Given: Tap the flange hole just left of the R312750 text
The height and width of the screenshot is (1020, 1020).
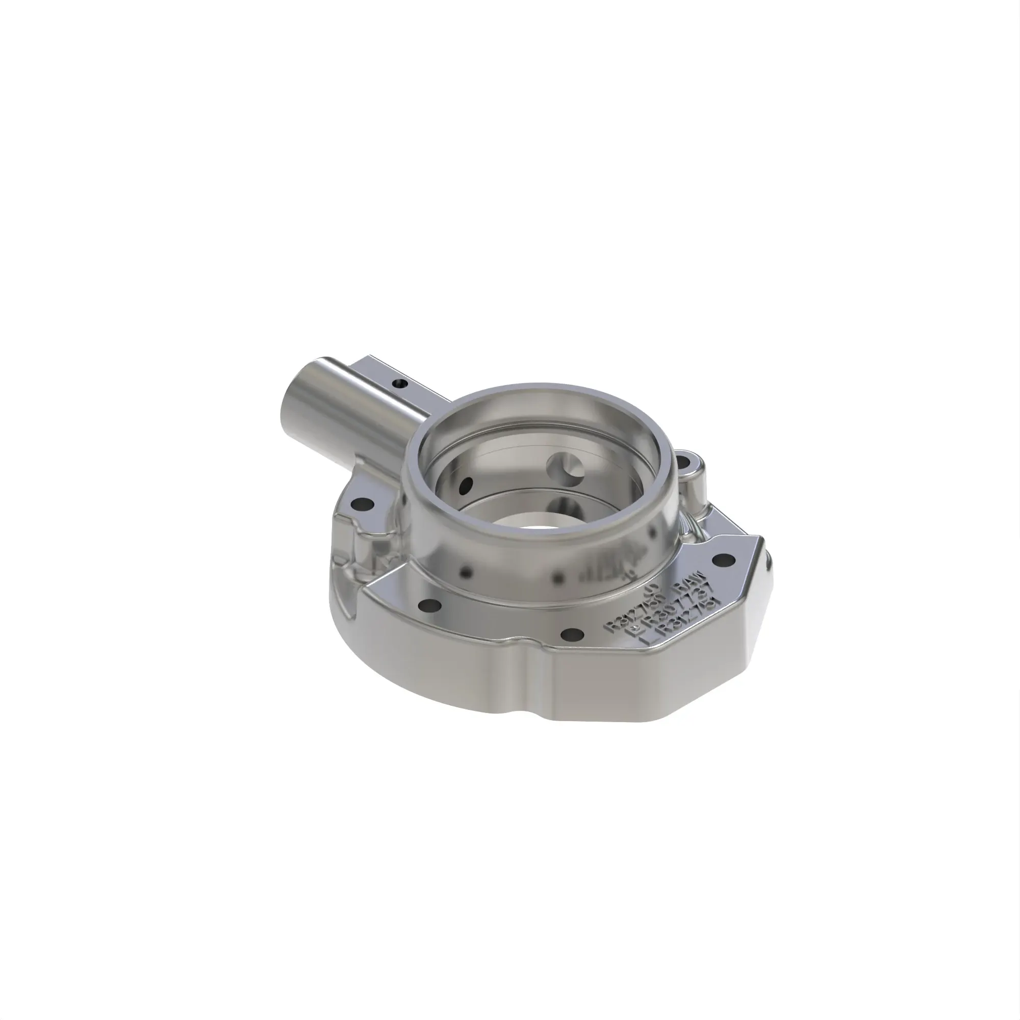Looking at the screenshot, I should [x=570, y=632].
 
